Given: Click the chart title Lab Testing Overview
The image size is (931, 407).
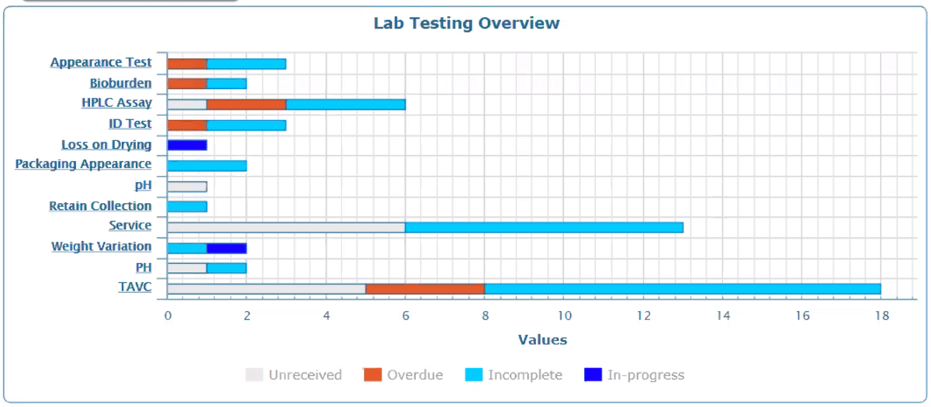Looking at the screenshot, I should coord(466,23).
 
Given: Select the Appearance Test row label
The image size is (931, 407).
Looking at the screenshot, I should coord(101,63).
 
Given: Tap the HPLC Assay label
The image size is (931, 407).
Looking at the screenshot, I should coord(116,103).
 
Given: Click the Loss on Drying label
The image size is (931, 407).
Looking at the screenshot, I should coord(106,145).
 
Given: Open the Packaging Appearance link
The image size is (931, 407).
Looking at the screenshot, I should coord(83,164).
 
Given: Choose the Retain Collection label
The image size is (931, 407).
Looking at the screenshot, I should coord(100,206).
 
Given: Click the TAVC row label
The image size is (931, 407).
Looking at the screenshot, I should coord(134,287).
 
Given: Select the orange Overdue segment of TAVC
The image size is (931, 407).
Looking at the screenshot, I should coord(425,288).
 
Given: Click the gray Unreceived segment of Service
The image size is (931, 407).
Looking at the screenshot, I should coord(286,227).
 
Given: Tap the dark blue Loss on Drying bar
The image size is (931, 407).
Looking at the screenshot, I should coord(187,145).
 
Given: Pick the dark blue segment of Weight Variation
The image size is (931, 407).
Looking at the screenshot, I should coord(227,248).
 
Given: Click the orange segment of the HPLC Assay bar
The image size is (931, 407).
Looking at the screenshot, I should coord(246,105).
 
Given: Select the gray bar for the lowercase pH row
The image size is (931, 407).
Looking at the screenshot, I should coord(187,186).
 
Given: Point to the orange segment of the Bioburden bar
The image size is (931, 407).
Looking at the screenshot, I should coord(187,84).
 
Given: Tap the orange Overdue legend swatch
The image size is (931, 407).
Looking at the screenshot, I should coord(373,375).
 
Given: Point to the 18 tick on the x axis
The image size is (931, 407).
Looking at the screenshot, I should coord(881,316).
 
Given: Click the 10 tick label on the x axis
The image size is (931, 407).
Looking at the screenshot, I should coord(564,316).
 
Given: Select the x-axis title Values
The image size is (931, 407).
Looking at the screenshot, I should coord(542,340).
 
